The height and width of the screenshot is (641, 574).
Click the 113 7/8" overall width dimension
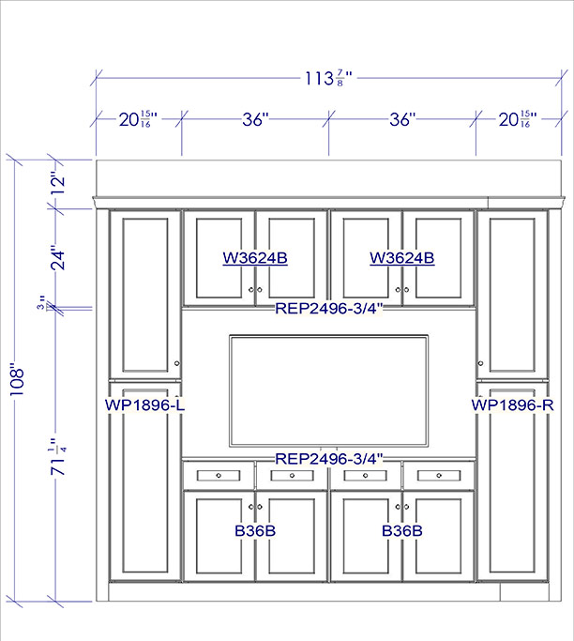tap(328, 78)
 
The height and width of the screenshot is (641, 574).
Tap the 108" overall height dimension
tap(17, 381)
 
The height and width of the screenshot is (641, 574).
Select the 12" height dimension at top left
tap(57, 185)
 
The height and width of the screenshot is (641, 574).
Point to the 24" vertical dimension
tap(57, 257)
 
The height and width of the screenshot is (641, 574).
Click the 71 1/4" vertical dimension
tap(57, 457)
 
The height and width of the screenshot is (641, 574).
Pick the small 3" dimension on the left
tap(41, 301)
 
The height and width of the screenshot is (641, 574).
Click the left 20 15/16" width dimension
tap(138, 119)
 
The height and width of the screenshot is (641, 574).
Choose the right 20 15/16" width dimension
tap(518, 119)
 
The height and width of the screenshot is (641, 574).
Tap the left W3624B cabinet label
tap(255, 258)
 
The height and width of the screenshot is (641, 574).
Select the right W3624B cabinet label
tap(402, 258)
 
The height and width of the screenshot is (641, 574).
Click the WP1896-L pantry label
tap(145, 405)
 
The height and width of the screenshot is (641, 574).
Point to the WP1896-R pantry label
tap(512, 405)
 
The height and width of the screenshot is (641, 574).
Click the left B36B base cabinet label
tap(255, 530)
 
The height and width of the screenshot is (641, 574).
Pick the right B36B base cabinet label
tap(402, 530)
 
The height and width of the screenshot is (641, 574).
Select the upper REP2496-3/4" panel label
tap(329, 308)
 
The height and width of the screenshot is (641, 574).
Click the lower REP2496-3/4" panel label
tap(329, 459)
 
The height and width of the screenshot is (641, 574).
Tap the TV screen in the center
tap(329, 391)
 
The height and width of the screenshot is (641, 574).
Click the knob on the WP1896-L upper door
tap(177, 363)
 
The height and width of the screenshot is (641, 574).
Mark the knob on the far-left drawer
tap(219, 476)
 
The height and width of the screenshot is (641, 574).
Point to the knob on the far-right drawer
tap(439, 476)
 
